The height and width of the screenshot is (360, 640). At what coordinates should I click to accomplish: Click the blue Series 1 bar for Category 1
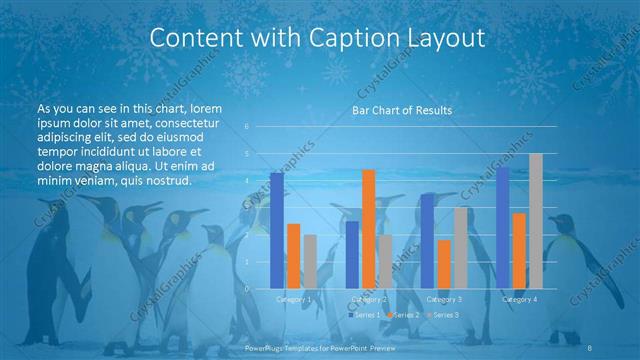click(277, 231)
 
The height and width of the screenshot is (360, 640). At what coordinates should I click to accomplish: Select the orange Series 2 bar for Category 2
click(369, 229)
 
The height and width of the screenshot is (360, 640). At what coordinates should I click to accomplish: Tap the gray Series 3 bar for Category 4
click(536, 221)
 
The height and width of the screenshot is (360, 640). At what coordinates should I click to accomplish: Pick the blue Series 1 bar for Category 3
click(427, 241)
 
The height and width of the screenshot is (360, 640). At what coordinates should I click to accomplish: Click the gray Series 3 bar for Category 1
click(310, 262)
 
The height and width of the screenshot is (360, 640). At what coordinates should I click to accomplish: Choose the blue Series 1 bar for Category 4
click(503, 228)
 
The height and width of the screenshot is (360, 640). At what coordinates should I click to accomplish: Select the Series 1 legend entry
click(364, 315)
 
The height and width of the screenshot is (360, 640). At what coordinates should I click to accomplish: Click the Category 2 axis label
click(369, 299)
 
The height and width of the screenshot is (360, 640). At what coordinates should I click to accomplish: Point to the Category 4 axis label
click(519, 299)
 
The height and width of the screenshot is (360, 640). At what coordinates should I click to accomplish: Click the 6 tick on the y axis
click(246, 127)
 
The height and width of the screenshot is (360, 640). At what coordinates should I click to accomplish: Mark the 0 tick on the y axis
click(246, 289)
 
